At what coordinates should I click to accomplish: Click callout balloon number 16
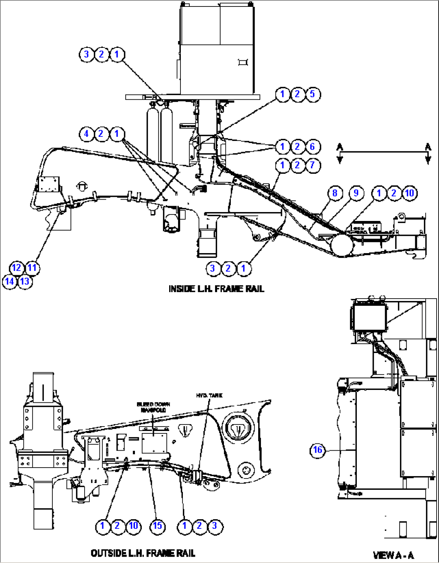click(318, 450)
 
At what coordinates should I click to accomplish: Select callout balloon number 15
click(157, 526)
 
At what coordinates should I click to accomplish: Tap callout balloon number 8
click(335, 193)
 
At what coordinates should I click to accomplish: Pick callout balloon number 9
click(356, 193)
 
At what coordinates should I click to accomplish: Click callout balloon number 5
click(313, 94)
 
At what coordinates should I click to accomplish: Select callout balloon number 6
click(313, 146)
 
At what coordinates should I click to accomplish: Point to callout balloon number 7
click(313, 165)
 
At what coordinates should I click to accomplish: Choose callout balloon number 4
click(86, 134)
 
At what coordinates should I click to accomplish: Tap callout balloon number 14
click(9, 281)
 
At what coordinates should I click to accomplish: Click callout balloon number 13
click(25, 281)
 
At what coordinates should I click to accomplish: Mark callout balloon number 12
click(17, 268)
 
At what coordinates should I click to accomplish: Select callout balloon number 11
click(32, 268)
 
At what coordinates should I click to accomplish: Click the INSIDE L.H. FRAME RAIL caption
click(216, 289)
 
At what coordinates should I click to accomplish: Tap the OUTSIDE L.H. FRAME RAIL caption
click(143, 553)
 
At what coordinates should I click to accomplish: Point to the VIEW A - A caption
click(393, 555)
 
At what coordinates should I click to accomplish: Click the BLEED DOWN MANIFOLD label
click(153, 407)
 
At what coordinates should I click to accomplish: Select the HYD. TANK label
click(209, 396)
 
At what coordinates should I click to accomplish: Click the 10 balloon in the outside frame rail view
click(133, 526)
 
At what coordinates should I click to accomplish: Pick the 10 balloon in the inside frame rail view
click(409, 193)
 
